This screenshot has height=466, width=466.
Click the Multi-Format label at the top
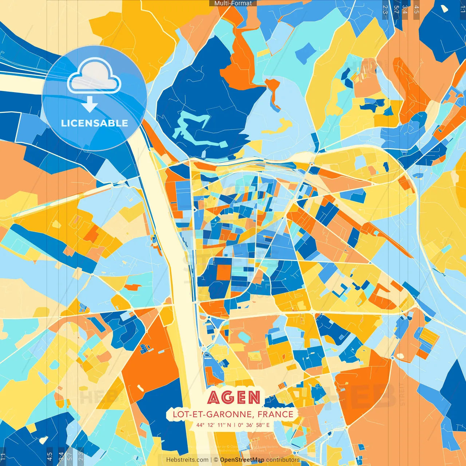point(233,3)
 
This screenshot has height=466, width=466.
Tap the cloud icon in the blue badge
point(94,78)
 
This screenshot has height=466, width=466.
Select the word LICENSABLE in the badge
point(94,123)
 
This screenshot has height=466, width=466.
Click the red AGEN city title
point(234,398)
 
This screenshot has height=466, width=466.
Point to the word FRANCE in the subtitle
point(275,414)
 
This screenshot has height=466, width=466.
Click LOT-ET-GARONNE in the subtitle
point(212,414)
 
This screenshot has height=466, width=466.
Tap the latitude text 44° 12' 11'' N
point(214,425)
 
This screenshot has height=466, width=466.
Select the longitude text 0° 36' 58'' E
point(254,425)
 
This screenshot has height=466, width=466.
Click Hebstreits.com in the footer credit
point(187,460)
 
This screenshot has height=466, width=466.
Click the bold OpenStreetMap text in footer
point(242,460)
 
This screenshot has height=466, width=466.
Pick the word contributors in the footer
point(283,460)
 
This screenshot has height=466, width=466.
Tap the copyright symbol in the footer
point(216,460)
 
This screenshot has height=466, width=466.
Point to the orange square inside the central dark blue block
point(223,272)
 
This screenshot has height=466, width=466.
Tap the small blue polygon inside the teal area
point(305,53)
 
